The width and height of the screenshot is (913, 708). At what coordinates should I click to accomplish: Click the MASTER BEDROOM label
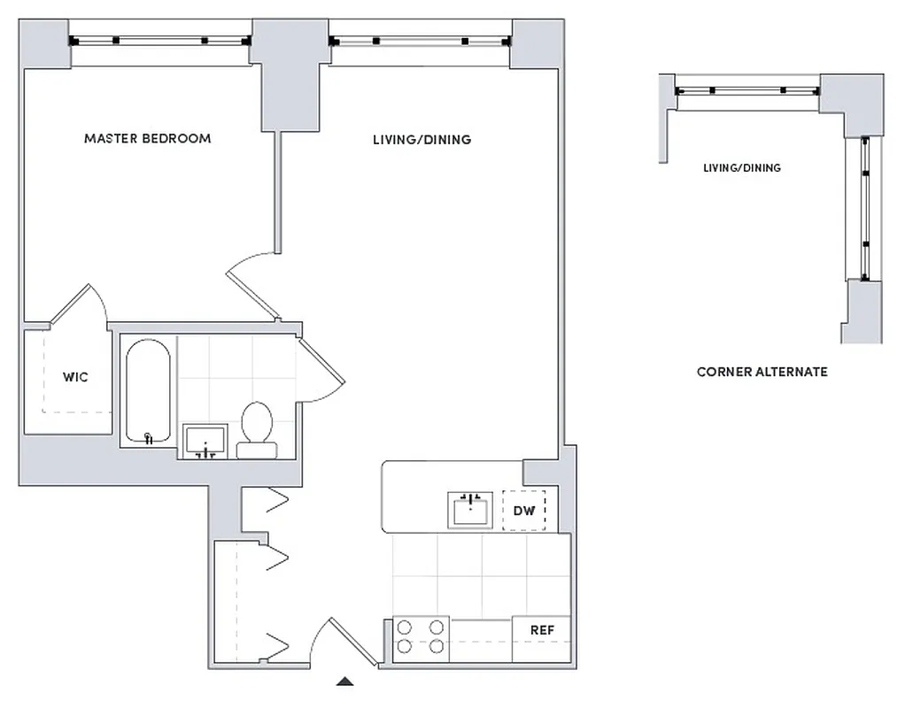pos(147,139)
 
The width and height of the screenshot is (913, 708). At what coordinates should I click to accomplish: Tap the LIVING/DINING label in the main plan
pos(422,140)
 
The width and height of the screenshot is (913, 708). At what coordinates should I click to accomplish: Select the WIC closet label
pos(75,377)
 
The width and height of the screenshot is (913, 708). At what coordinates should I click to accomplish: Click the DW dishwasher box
pos(524,510)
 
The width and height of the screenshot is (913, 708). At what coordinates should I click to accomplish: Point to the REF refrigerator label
pos(542,630)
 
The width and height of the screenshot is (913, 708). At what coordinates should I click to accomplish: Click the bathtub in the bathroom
pos(148,391)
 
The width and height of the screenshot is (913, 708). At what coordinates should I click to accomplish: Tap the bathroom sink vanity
pos(205,441)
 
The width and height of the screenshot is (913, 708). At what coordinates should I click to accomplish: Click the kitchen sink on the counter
pos(469,510)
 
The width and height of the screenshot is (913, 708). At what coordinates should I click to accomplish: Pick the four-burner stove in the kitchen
pos(421,636)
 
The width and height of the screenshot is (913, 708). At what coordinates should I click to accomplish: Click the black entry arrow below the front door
pos(345,681)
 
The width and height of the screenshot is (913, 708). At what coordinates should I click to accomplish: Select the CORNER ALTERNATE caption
pos(762,372)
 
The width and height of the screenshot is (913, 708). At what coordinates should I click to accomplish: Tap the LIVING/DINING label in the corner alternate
pos(741,168)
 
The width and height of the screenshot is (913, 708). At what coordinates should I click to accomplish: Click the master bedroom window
pos(159,41)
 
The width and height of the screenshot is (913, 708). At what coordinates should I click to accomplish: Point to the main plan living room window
pos(420,41)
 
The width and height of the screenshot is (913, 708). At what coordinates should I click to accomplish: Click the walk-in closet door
pos(80,305)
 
